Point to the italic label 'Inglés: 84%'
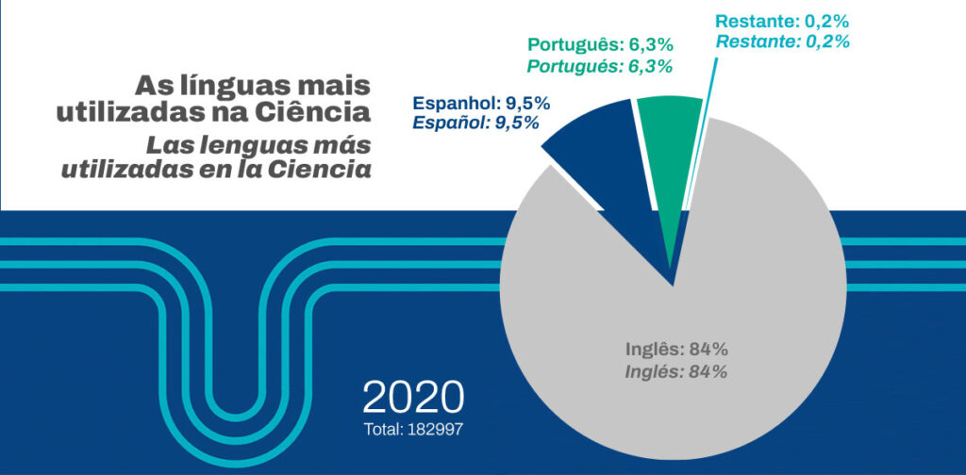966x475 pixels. [x=676, y=371]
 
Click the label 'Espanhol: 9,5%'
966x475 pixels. [x=481, y=103]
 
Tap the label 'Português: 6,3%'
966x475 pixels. [x=600, y=44]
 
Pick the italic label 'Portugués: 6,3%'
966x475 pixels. [x=600, y=65]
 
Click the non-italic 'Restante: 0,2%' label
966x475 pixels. [x=783, y=21]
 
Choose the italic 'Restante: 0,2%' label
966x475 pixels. [x=783, y=41]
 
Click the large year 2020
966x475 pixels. [x=413, y=398]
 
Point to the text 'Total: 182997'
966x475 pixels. [x=413, y=429]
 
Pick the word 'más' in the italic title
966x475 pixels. [x=338, y=147]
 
